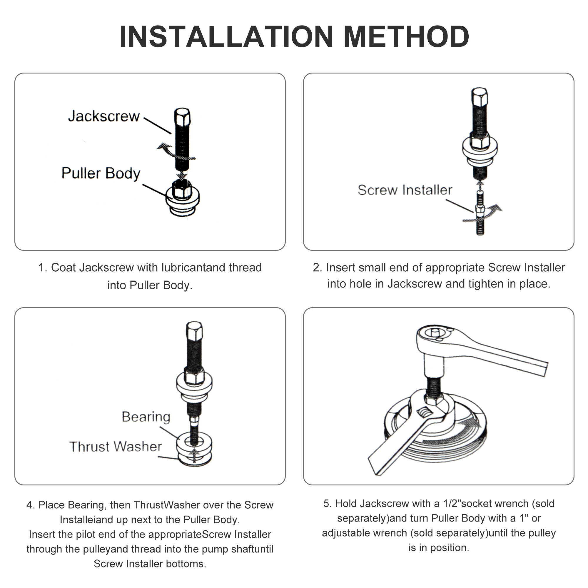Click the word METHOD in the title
click(x=406, y=37)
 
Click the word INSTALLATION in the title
click(x=226, y=37)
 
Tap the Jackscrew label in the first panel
click(x=104, y=116)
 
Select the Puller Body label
click(x=101, y=173)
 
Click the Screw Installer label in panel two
click(x=405, y=190)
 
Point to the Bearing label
click(x=146, y=417)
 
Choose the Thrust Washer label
click(x=116, y=447)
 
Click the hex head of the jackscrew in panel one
click(x=182, y=117)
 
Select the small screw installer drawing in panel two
click(x=480, y=213)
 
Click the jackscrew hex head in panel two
click(x=479, y=97)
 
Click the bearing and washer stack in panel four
click(x=194, y=449)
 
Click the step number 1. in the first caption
click(x=43, y=268)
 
